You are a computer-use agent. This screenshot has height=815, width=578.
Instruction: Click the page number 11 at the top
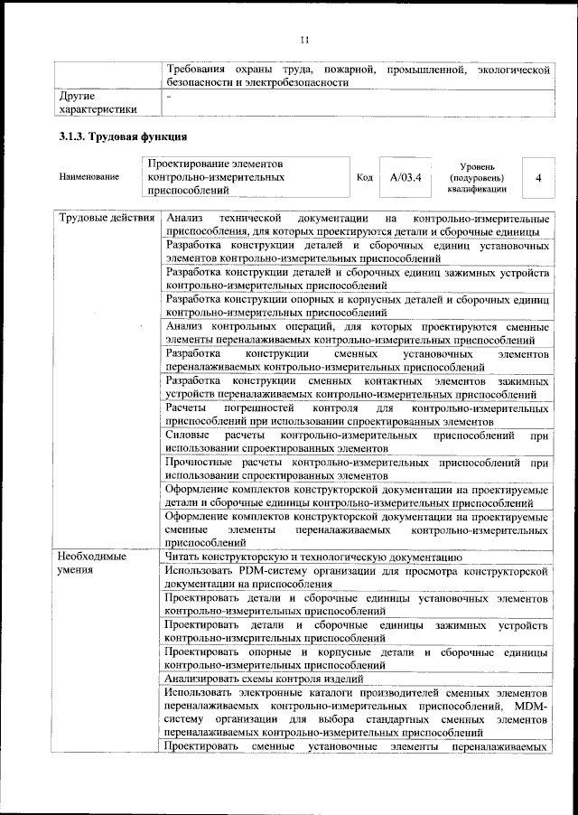tap(304, 39)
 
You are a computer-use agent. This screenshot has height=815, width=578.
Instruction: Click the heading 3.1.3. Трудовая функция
tap(122, 137)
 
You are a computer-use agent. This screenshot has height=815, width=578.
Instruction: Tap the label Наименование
tap(89, 177)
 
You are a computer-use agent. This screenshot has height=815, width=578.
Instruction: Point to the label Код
tap(365, 177)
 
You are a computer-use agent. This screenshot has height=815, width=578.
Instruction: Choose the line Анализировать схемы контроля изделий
tap(265, 678)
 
